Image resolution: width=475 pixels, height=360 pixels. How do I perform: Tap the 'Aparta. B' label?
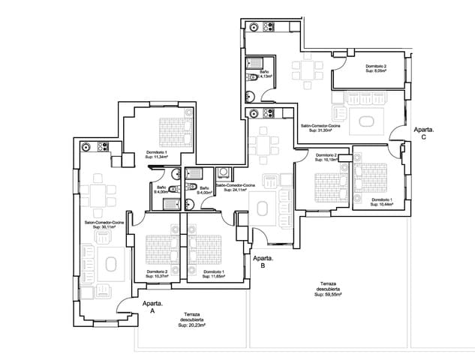(x=263, y=262)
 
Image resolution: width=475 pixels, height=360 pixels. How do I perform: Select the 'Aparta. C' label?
(x=423, y=133)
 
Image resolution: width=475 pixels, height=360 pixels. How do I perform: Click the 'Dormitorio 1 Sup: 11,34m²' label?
(x=157, y=154)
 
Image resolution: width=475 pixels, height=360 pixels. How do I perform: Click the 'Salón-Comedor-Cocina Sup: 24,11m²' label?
(x=235, y=187)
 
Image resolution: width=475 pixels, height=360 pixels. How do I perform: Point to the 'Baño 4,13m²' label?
(x=266, y=74)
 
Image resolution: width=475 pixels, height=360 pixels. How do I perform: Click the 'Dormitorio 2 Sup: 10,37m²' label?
(x=158, y=274)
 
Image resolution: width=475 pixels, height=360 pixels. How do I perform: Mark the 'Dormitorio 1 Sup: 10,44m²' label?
(x=382, y=202)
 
